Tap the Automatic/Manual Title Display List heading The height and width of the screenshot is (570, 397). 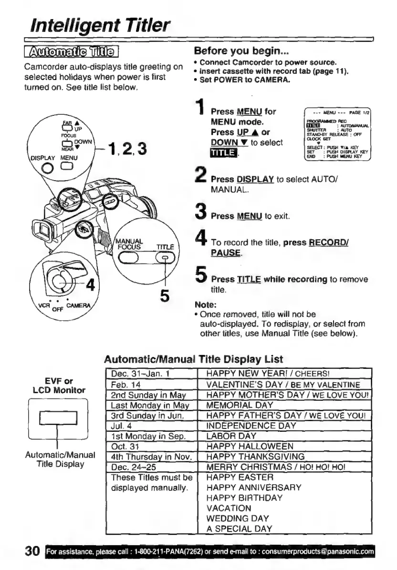tap(194, 359)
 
